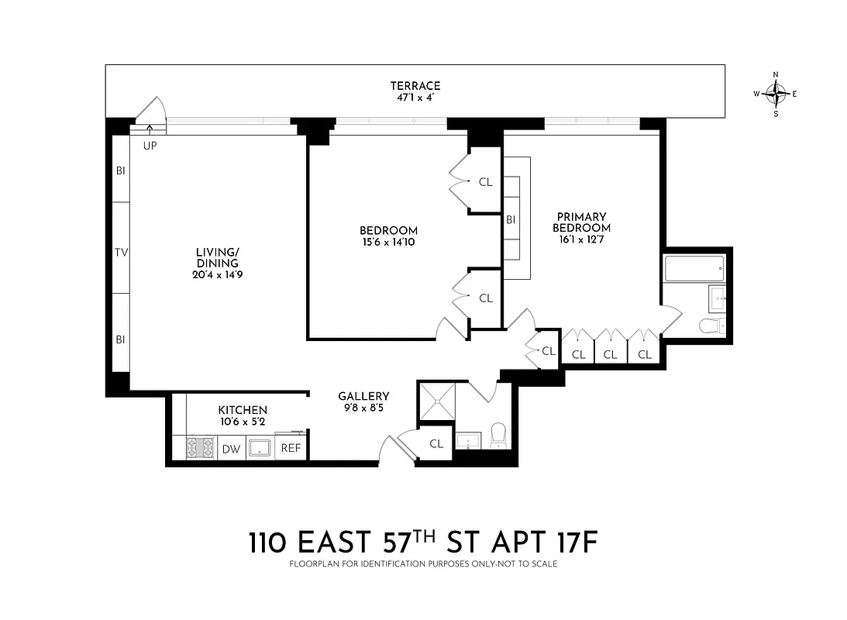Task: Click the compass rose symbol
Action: coord(776,94)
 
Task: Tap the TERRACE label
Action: coord(415,86)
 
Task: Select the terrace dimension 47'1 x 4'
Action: coord(415,98)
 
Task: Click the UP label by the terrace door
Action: coord(150,145)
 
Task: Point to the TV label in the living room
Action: coord(120,252)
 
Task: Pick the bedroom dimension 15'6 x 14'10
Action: coord(388,243)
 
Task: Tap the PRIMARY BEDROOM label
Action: coord(581,222)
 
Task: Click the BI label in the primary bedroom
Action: coord(511,220)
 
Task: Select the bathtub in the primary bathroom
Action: coord(694,270)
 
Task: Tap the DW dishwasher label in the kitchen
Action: coord(231,448)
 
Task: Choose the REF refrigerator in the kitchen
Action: coord(290,448)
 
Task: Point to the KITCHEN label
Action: coord(243,410)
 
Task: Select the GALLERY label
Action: coord(363,396)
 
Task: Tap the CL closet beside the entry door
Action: coord(436,443)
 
